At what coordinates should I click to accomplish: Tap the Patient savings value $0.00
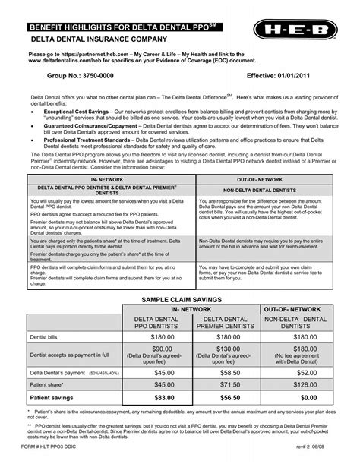coord(308,396)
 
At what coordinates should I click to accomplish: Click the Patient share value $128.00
coord(308,385)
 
